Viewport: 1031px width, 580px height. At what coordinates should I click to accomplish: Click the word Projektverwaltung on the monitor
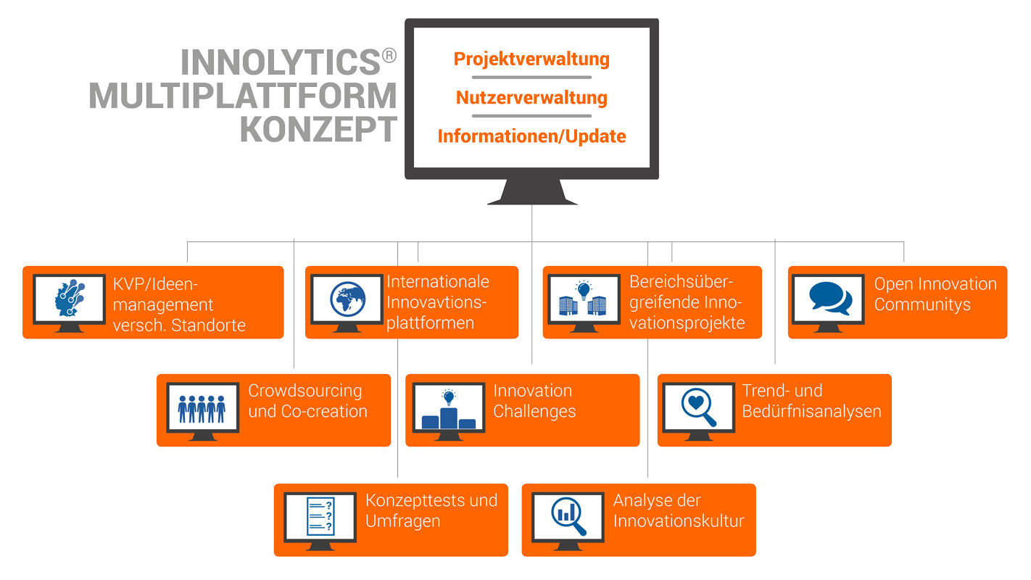(x=531, y=59)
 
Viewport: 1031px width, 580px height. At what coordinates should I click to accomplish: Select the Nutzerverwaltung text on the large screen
(x=531, y=97)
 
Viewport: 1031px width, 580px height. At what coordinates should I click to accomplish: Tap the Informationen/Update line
(x=531, y=136)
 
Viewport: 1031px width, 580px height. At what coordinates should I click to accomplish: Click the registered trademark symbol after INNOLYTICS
(x=389, y=56)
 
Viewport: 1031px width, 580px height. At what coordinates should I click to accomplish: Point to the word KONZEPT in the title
(x=318, y=129)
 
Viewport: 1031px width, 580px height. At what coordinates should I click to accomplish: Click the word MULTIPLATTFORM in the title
(x=243, y=96)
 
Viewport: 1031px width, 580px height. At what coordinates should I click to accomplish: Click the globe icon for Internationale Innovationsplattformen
(x=347, y=298)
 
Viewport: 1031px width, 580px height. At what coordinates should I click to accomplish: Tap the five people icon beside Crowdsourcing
(x=202, y=408)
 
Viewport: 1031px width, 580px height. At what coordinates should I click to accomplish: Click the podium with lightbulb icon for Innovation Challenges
(x=448, y=410)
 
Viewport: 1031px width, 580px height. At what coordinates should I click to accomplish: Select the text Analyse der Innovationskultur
(x=679, y=510)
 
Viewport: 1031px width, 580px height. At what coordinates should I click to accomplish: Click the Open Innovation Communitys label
(x=935, y=294)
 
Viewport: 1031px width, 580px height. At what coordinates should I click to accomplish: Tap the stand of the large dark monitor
(x=532, y=192)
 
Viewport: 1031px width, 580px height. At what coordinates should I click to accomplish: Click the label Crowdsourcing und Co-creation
(x=307, y=401)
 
